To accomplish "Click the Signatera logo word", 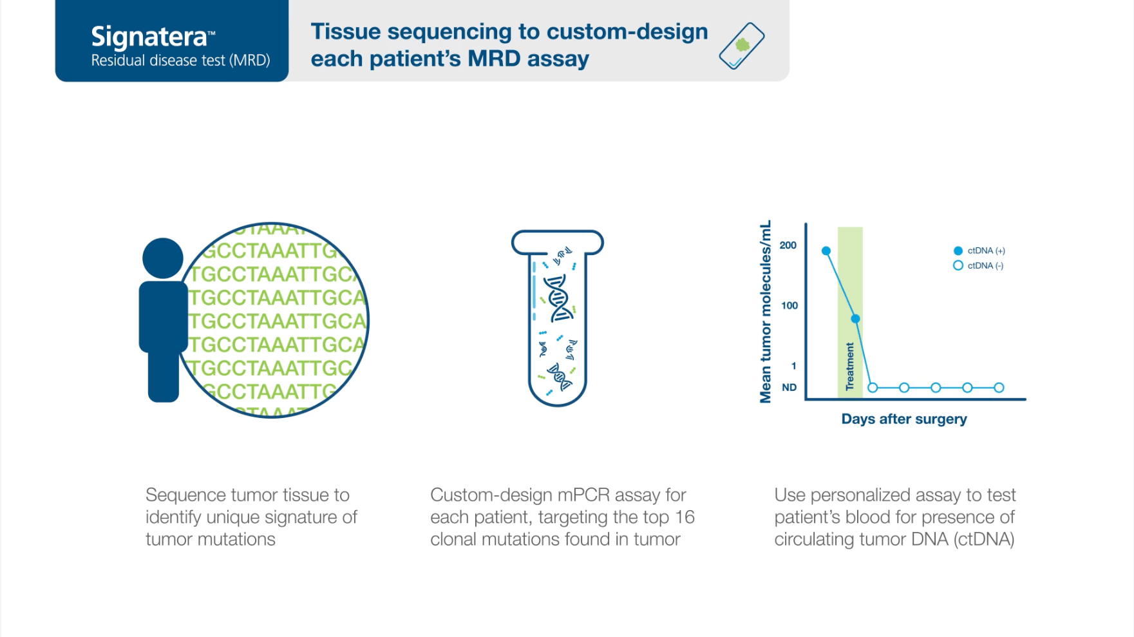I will tap(149, 36).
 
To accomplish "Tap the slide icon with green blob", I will tap(741, 45).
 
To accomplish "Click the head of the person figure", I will tap(162, 258).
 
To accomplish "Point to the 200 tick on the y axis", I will tap(788, 245).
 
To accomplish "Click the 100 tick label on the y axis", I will tap(789, 305).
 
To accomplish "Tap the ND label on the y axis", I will tap(789, 387).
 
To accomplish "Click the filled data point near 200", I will tap(826, 251).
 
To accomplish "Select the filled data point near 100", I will tap(855, 319).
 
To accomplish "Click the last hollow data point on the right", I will tap(999, 388).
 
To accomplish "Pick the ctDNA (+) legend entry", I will tap(979, 251).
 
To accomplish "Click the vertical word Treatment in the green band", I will tap(849, 366).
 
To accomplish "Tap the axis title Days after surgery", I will tap(903, 419).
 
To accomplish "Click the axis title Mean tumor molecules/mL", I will tap(765, 312).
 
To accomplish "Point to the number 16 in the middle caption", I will tap(684, 517).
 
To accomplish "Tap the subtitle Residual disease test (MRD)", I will tap(180, 61).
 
